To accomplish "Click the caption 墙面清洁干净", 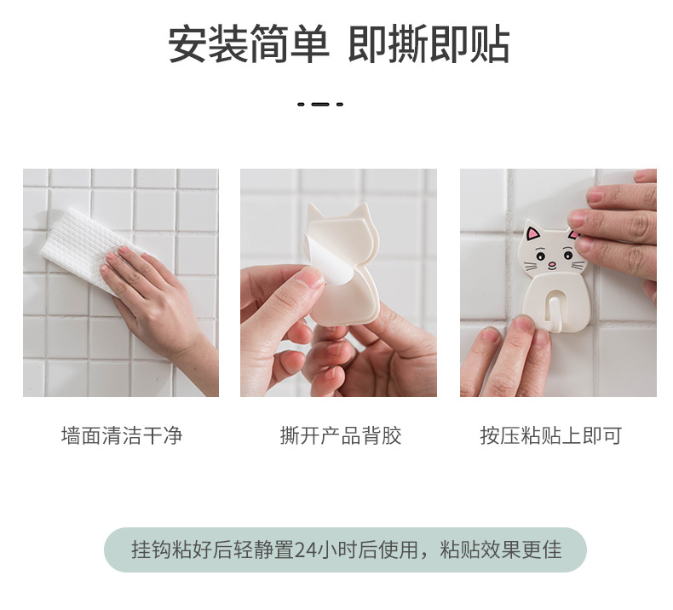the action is pos(122,435).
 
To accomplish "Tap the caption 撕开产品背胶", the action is pos(341,435).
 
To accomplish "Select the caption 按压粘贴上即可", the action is pos(551,435).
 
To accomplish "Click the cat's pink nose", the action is pos(552,263).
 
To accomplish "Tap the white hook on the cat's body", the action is pos(554,309).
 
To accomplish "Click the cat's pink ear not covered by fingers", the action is pos(533,234).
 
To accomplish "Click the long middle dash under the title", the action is pos(320,104).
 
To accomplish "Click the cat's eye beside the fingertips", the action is pos(568,256).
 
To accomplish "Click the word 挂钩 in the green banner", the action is pos(151,550).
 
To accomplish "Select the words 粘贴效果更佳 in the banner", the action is pos(501,550).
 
